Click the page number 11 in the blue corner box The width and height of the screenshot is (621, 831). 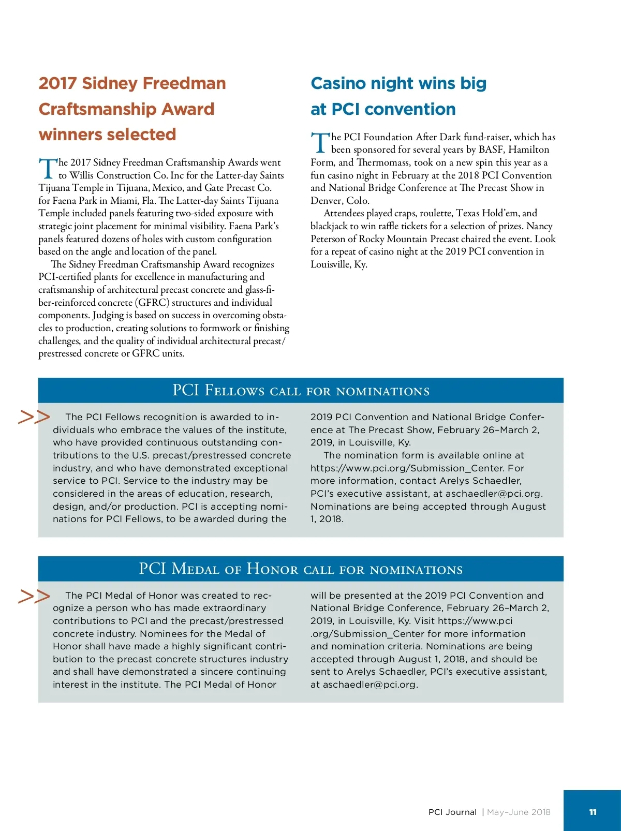[593, 812]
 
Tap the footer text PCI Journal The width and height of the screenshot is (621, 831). [452, 812]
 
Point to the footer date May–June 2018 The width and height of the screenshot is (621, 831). [519, 812]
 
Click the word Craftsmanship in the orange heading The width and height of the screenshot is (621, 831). [97, 109]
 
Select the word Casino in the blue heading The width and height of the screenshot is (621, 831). [340, 83]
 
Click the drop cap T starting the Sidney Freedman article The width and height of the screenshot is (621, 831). [47, 168]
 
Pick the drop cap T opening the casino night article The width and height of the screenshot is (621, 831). [320, 143]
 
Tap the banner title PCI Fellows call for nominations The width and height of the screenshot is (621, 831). [301, 390]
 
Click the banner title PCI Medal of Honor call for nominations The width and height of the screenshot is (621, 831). [301, 569]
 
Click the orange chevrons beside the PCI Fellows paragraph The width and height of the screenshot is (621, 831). [34, 417]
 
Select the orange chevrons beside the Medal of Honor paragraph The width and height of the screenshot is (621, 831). [34, 596]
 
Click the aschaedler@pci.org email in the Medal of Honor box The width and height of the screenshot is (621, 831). [369, 685]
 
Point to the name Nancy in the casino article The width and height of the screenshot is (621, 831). [539, 226]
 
